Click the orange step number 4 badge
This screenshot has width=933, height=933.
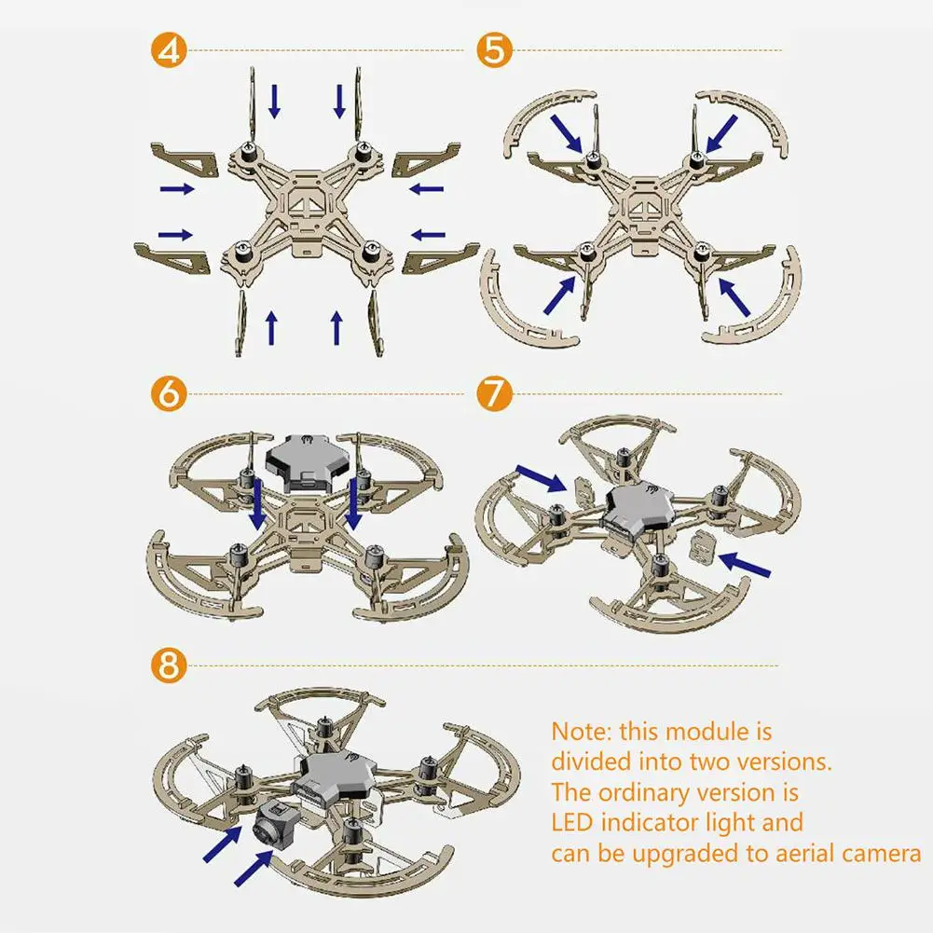169,50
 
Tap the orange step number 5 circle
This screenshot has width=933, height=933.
495,50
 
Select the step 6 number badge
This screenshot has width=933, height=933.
169,393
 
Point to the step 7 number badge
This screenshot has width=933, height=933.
495,393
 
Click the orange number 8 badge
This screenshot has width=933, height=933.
169,665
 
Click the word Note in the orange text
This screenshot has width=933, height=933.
580,732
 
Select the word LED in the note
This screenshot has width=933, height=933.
572,822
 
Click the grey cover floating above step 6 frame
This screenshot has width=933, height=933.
304,462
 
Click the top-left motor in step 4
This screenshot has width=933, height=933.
248,152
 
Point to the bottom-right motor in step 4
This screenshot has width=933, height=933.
371,253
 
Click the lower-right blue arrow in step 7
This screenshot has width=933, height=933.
745,565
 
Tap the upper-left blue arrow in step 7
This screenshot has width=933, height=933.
542,479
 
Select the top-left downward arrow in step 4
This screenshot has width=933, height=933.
274,101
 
